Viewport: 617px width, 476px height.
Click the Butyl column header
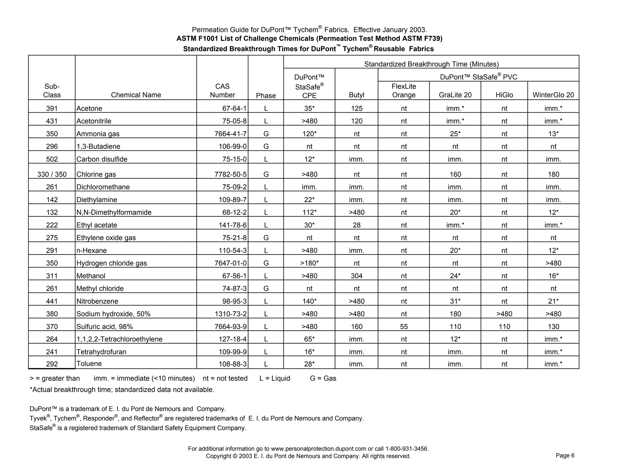(356, 95)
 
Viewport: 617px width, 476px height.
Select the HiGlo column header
(504, 95)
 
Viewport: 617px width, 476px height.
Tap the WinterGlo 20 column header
(553, 95)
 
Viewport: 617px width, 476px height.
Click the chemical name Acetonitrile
(94, 121)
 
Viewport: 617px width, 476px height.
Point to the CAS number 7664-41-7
(230, 134)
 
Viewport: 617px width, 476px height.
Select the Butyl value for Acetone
(356, 108)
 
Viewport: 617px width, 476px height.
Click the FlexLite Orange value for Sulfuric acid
(404, 327)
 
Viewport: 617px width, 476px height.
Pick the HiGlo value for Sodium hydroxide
(504, 314)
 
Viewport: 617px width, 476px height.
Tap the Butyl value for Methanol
(356, 276)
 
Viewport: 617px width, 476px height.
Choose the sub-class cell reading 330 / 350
(52, 175)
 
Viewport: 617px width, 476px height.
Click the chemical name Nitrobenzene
(97, 301)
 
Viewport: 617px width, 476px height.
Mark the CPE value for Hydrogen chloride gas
(309, 263)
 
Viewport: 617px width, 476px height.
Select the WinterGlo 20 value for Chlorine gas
(553, 175)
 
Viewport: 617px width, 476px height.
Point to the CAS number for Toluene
(233, 364)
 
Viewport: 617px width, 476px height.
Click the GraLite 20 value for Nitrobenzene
(455, 301)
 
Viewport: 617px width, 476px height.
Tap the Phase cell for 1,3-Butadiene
(266, 147)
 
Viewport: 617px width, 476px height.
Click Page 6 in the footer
(565, 456)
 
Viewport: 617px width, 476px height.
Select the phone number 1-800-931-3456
(407, 449)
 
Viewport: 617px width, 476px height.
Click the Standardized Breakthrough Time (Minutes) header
(431, 64)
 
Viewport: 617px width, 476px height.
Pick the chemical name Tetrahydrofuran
(101, 352)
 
